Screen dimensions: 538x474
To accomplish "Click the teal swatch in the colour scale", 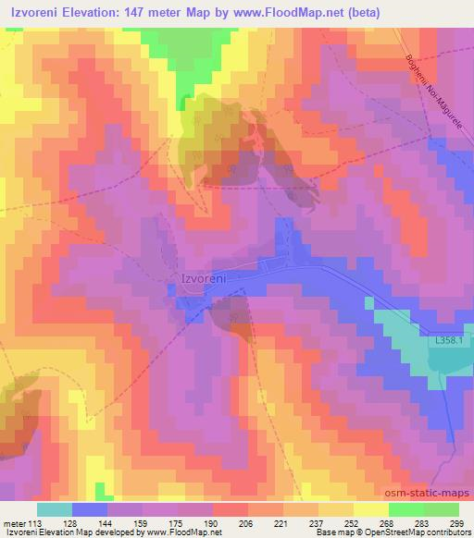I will (55, 508).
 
